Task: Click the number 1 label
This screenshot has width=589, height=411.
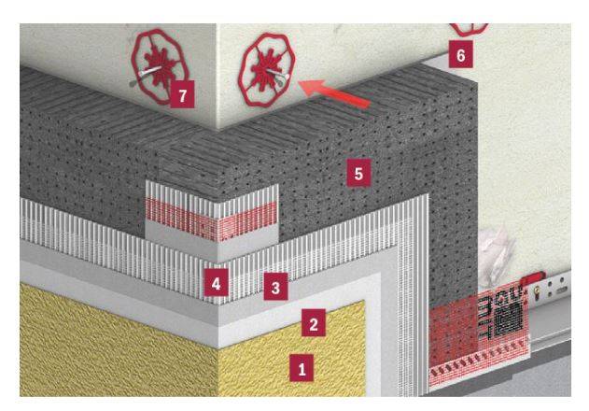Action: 300,368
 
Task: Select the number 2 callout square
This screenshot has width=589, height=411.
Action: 314,325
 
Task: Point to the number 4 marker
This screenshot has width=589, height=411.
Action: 216,281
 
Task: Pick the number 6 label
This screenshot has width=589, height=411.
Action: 459,55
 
